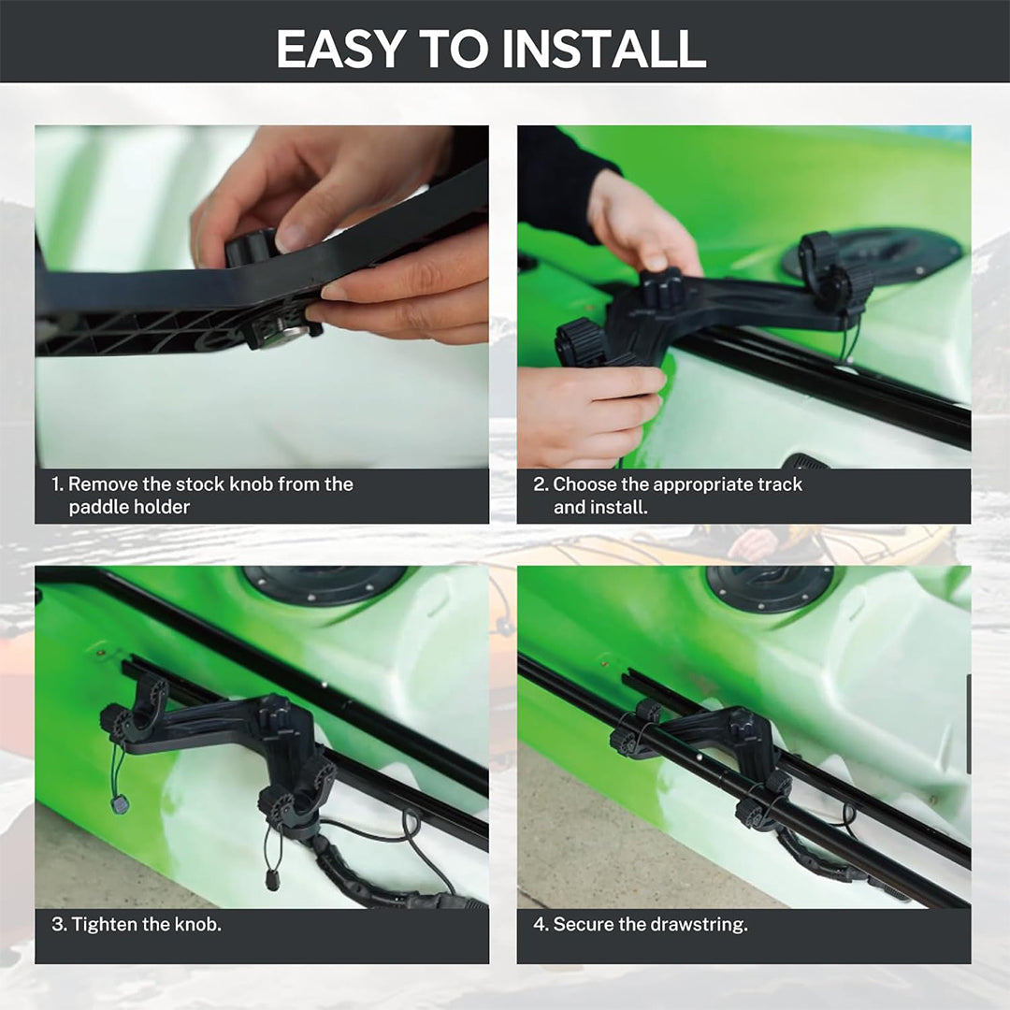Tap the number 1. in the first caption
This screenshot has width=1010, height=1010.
[57, 483]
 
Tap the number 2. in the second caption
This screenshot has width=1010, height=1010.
[540, 483]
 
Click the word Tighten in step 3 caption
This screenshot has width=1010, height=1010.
[104, 924]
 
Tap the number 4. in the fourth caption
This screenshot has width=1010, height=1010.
[540, 924]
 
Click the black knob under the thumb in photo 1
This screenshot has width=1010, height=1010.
[252, 247]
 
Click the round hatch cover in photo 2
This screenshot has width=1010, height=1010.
[873, 255]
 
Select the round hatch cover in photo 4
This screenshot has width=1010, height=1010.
[769, 588]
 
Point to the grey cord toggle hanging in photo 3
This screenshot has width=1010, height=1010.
[119, 804]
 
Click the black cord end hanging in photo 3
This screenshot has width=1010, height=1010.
[273, 879]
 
